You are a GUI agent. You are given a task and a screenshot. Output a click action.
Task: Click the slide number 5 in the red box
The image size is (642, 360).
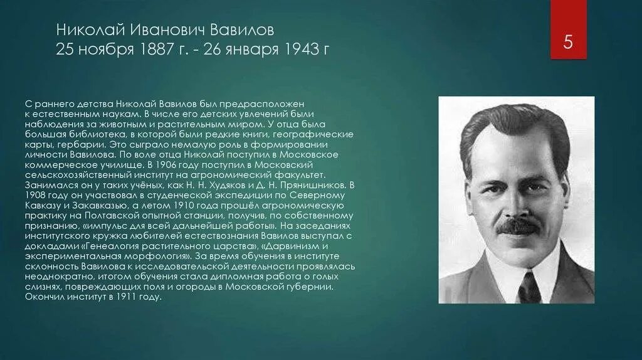pyautogui.click(x=568, y=43)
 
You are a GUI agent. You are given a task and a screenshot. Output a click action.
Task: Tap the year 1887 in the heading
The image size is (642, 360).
pyautogui.click(x=154, y=49)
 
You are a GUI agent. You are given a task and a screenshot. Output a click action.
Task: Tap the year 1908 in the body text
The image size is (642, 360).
pyautogui.click(x=36, y=195)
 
